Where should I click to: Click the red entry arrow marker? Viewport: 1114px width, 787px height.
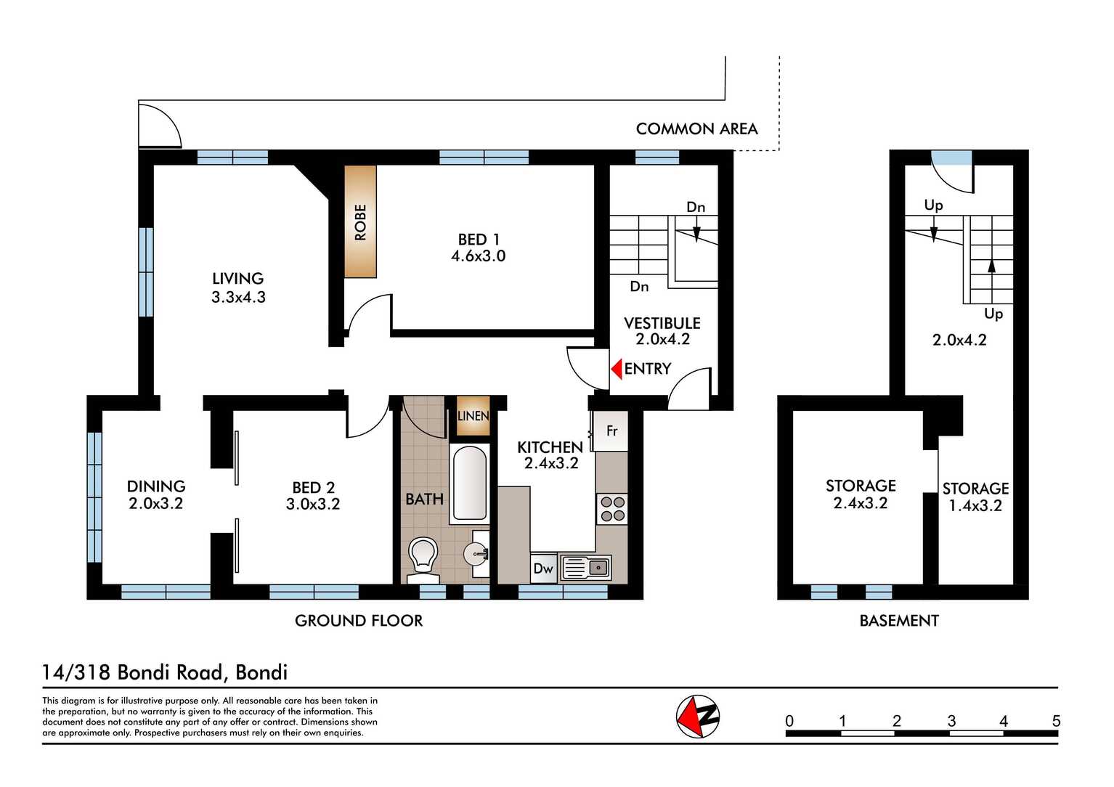tap(617, 369)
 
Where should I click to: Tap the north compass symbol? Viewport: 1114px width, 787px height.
tap(698, 717)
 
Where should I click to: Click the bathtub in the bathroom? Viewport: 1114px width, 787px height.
tap(469, 483)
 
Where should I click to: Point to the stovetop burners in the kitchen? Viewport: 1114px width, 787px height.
tap(612, 508)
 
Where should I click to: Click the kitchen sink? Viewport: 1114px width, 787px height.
tap(585, 568)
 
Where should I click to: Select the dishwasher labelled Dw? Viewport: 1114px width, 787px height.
tap(543, 568)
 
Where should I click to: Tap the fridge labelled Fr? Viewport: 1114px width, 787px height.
tap(611, 431)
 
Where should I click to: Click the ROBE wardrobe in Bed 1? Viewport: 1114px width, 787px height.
tap(360, 221)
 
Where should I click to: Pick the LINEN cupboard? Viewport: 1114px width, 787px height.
tap(473, 416)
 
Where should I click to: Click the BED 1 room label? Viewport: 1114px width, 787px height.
tap(478, 240)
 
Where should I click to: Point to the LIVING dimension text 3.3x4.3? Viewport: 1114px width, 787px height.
tap(238, 297)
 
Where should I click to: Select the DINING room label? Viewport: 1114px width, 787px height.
tap(156, 486)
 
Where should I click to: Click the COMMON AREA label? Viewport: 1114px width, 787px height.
tap(696, 129)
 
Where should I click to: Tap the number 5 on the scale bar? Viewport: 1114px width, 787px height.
tap(1056, 721)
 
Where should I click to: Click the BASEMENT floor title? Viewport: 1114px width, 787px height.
tap(899, 621)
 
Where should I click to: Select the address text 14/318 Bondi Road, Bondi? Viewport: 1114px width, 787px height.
tap(165, 672)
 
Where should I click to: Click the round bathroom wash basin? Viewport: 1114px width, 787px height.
tap(476, 555)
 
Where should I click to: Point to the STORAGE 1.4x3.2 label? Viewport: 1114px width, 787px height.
tap(975, 497)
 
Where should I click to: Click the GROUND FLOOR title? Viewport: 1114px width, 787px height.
tap(359, 621)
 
